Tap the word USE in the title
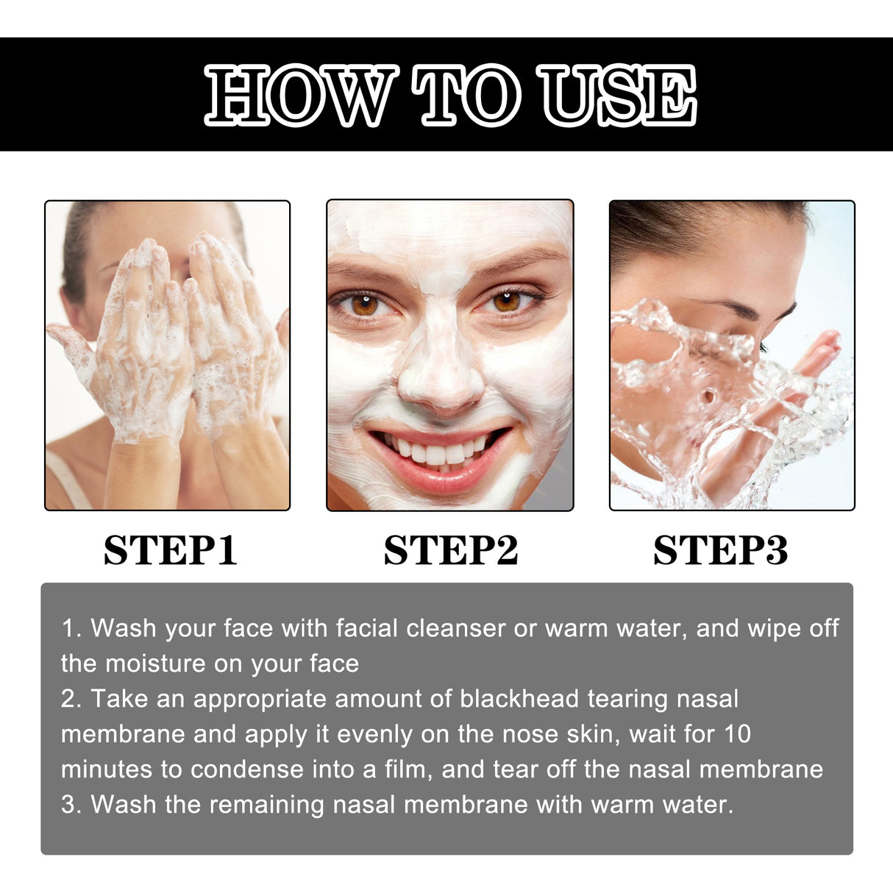click(x=616, y=95)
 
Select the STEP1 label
click(x=170, y=550)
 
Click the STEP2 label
click(x=450, y=550)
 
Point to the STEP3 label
click(x=720, y=550)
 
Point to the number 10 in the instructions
click(x=737, y=733)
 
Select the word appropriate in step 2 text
click(x=259, y=698)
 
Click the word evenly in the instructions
click(x=375, y=733)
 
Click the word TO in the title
click(x=466, y=95)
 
